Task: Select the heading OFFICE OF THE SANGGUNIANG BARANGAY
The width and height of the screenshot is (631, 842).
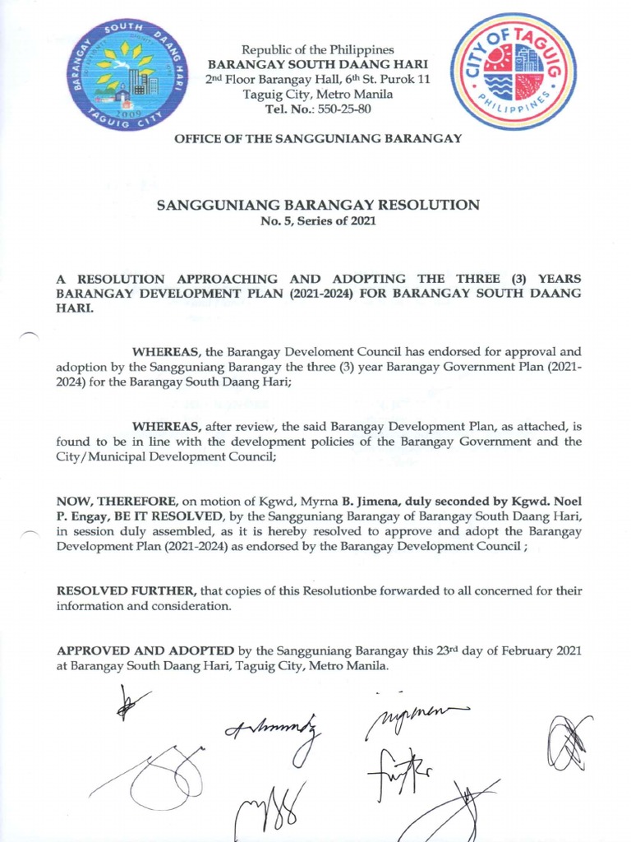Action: (x=318, y=139)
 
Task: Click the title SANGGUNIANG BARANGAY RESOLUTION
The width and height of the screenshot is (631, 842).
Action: (x=318, y=205)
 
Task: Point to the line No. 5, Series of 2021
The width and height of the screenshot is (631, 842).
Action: (x=318, y=221)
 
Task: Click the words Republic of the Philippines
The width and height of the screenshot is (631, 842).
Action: (x=317, y=50)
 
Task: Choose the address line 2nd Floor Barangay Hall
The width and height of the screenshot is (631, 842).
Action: (x=317, y=79)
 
